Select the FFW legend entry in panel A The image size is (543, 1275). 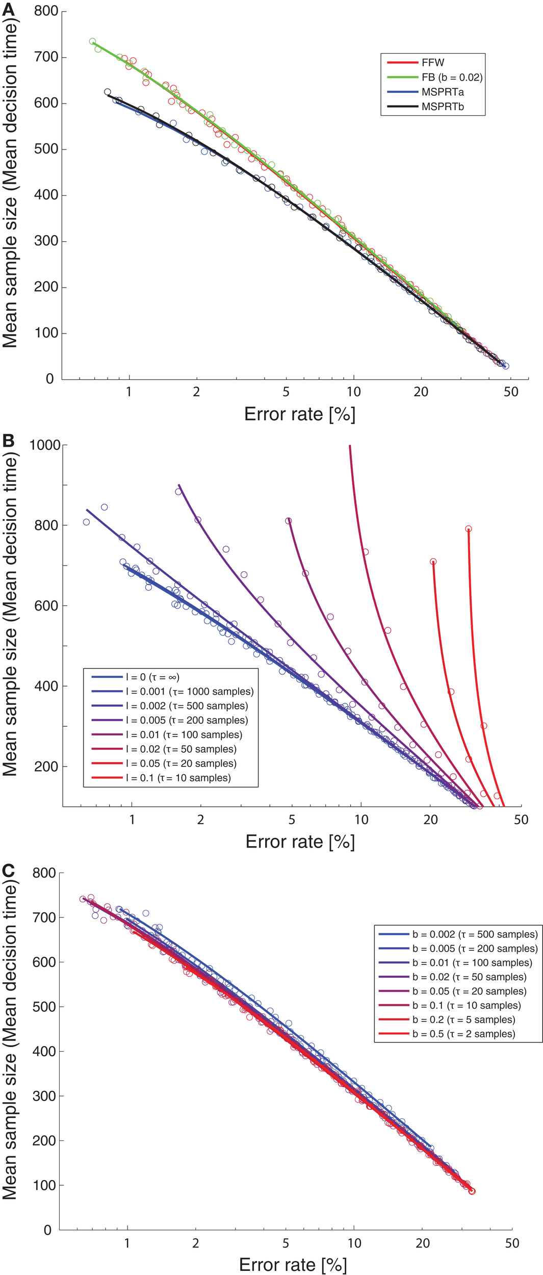(433, 63)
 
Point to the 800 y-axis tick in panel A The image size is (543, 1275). (46, 11)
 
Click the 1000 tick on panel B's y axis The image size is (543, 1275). (45, 445)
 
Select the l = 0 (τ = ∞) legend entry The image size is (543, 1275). (152, 677)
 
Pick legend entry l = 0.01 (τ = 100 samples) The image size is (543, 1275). (184, 735)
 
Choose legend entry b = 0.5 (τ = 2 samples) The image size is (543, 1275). (463, 1034)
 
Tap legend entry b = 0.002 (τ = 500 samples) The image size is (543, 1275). (475, 934)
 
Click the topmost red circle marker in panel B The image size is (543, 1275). (468, 529)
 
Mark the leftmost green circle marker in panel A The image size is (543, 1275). (92, 42)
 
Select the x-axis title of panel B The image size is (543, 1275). (300, 841)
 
